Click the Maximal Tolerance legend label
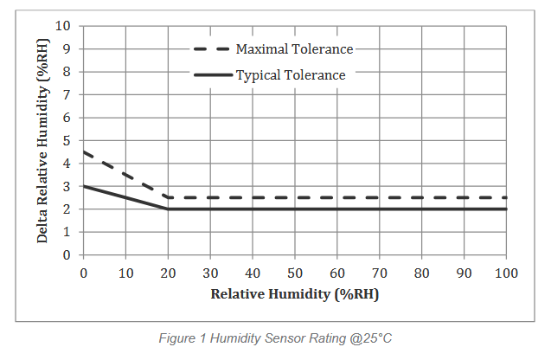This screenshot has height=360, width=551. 295,49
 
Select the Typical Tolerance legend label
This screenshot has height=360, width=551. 291,75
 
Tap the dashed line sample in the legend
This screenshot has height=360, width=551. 212,49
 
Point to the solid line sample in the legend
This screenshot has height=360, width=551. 212,75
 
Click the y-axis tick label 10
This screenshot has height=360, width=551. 63,26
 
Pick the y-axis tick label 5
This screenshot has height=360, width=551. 67,140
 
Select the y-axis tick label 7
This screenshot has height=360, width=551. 67,94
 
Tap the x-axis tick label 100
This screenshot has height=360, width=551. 506,273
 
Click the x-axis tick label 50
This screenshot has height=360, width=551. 294,273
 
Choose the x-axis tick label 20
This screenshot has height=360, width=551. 168,273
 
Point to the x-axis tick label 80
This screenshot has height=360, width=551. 421,273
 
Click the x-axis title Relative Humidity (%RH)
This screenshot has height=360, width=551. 294,293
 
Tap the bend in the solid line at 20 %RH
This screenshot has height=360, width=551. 168,209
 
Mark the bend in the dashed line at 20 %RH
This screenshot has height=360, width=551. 168,197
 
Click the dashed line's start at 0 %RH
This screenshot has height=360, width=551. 84,152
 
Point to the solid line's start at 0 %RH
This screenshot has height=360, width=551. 84,186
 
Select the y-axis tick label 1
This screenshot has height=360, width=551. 67,232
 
